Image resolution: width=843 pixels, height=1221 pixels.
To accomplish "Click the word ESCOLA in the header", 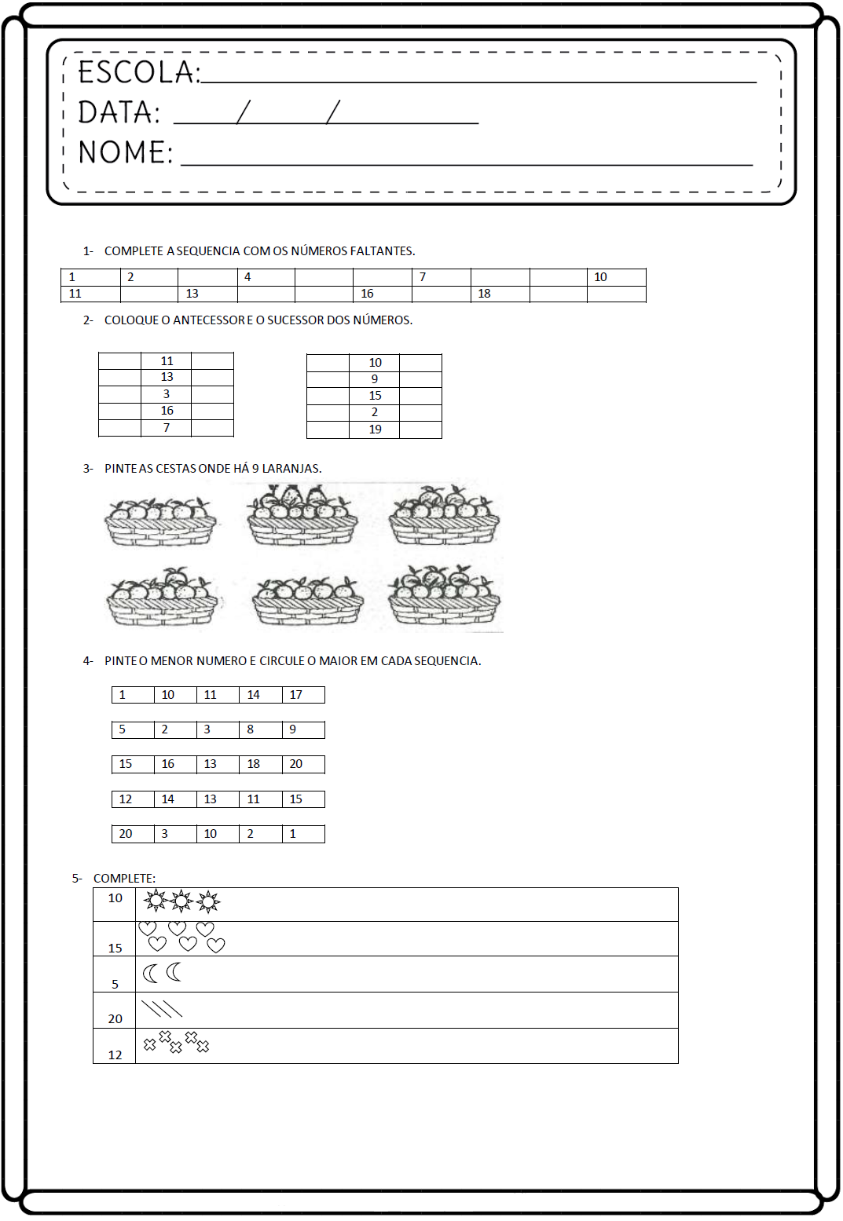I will [137, 72].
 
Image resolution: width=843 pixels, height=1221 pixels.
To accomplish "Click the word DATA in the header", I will [119, 113].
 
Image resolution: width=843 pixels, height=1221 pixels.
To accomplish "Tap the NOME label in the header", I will [124, 152].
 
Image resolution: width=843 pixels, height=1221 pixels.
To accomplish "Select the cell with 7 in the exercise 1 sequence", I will [423, 277].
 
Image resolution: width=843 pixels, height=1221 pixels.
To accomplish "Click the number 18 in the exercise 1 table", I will [484, 294].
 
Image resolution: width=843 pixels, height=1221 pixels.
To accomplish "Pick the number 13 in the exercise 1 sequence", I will [192, 294].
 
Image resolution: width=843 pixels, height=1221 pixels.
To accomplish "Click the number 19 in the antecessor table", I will [375, 430].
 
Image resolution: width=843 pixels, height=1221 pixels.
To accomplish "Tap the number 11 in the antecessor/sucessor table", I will [167, 361].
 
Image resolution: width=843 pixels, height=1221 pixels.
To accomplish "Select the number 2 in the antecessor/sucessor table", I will [375, 412].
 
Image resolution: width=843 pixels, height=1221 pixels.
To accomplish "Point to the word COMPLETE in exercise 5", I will [123, 879].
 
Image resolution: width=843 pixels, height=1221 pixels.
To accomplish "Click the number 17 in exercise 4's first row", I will [295, 695].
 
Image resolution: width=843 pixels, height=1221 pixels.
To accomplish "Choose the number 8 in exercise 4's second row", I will [251, 729].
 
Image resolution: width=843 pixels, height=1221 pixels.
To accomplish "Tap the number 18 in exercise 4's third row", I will [253, 764].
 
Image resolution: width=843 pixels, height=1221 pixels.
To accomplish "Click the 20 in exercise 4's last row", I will [126, 834].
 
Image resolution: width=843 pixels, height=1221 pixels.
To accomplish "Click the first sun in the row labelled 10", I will [156, 901].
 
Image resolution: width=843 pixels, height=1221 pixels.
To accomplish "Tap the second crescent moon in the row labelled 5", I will [174, 972].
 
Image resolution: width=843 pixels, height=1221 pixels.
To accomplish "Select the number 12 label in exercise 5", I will [115, 1055].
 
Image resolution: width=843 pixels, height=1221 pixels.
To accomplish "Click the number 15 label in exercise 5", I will [115, 949].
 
